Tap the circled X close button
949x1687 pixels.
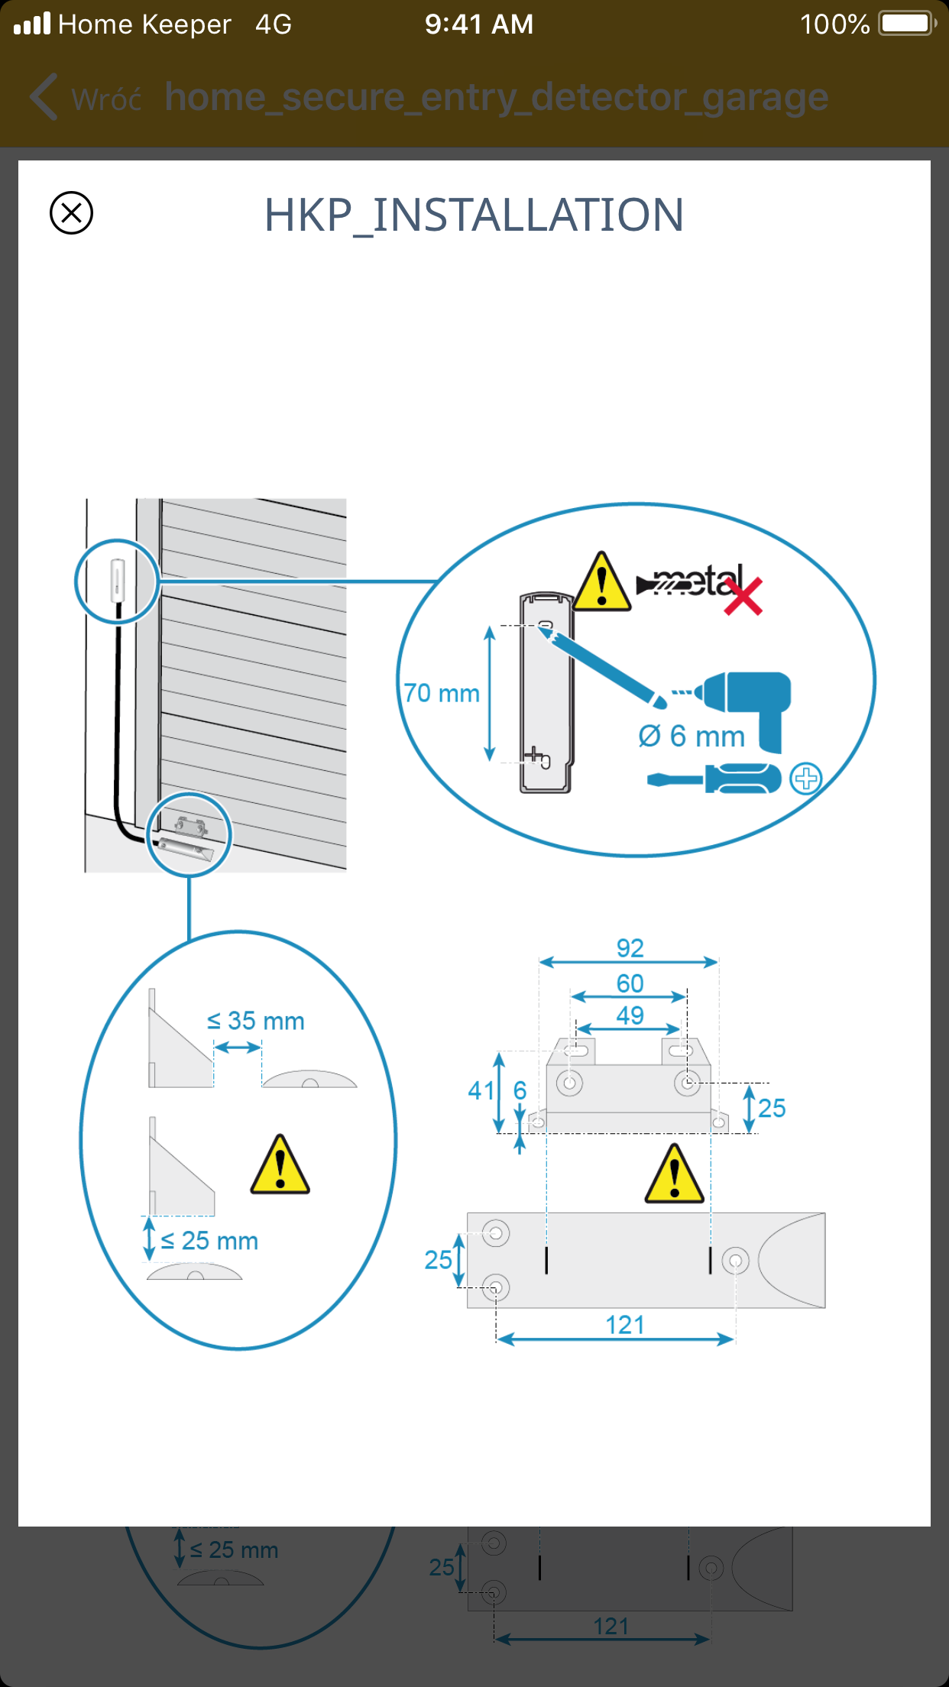point(71,212)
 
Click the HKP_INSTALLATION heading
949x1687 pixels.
point(474,215)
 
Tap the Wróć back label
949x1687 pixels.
point(106,99)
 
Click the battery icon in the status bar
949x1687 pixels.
point(906,24)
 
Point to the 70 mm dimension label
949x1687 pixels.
point(442,693)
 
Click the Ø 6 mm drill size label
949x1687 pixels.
point(692,737)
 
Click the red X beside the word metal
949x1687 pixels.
point(743,597)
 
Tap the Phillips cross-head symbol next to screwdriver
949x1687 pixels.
point(805,779)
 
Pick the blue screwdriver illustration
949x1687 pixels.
point(714,779)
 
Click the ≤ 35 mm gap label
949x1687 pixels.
point(255,1021)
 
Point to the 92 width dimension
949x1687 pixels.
point(630,948)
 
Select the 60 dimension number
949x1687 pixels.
point(630,983)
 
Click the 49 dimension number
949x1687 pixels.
point(630,1015)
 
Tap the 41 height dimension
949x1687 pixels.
point(481,1090)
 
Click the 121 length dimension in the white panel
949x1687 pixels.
point(625,1325)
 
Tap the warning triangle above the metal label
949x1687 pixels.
point(602,582)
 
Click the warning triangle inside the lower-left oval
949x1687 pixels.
point(280,1165)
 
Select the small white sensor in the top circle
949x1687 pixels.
point(118,580)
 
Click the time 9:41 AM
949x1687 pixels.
point(479,24)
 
